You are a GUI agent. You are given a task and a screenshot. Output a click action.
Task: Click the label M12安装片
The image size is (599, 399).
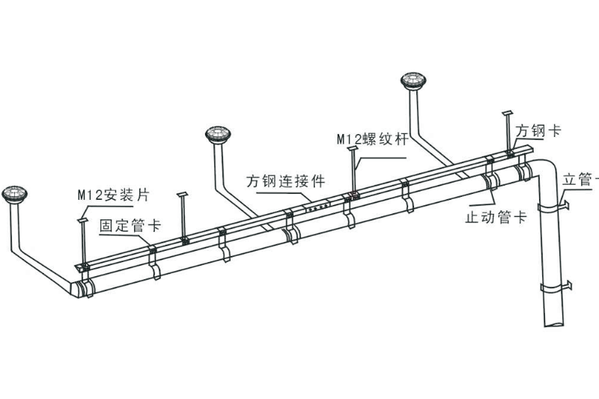[x=114, y=195]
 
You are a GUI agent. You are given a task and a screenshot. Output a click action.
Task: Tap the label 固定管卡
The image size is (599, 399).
[x=130, y=225]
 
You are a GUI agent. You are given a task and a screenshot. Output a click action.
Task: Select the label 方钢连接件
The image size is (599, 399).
[x=286, y=181]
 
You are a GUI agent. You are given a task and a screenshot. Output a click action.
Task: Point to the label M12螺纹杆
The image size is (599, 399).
[x=372, y=139]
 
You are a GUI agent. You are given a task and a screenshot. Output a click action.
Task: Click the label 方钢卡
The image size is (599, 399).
[x=538, y=130]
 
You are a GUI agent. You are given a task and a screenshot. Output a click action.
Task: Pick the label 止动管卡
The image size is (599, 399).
[x=496, y=217]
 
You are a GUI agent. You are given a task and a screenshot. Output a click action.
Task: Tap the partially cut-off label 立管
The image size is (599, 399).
[x=580, y=179]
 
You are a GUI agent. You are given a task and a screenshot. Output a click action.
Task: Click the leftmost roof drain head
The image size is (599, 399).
[x=14, y=195]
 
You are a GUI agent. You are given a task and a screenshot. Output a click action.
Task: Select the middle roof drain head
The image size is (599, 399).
[x=218, y=134]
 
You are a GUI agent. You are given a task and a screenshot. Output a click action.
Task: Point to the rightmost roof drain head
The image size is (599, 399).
[x=413, y=80]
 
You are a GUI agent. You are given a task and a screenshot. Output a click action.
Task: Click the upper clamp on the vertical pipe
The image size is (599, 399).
[x=553, y=207]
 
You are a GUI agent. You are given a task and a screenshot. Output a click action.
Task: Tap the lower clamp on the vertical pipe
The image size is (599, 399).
[x=556, y=287]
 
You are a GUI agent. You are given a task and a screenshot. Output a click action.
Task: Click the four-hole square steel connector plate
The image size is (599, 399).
[x=317, y=207]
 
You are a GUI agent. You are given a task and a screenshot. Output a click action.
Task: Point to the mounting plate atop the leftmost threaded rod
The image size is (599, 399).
[x=83, y=220]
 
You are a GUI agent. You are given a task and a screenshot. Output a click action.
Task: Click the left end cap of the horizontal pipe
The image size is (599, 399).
[x=77, y=289]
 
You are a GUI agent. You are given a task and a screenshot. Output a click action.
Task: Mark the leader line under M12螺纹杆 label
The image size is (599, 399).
[x=380, y=158]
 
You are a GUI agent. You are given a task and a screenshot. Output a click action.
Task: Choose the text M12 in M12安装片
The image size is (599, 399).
[x=90, y=195]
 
